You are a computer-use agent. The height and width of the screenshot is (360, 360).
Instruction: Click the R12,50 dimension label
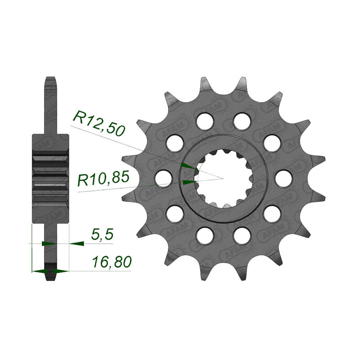[x=99, y=123]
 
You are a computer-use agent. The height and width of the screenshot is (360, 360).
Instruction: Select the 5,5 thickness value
[x=102, y=234]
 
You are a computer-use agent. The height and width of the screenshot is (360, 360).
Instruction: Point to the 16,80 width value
[x=112, y=262]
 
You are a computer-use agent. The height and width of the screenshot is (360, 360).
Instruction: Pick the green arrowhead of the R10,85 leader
[x=190, y=182]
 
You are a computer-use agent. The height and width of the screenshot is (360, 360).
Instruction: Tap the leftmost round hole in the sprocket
[x=163, y=178]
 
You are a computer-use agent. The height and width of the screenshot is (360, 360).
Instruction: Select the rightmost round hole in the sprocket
[x=283, y=178]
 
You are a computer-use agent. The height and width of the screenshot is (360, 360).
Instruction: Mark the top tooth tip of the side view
[x=51, y=77]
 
